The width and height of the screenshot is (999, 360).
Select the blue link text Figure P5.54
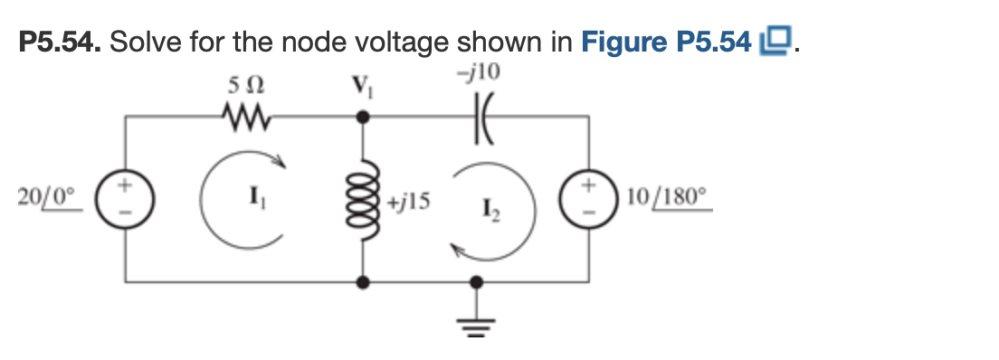[667, 43]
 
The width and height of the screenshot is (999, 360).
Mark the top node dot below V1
[364, 117]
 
